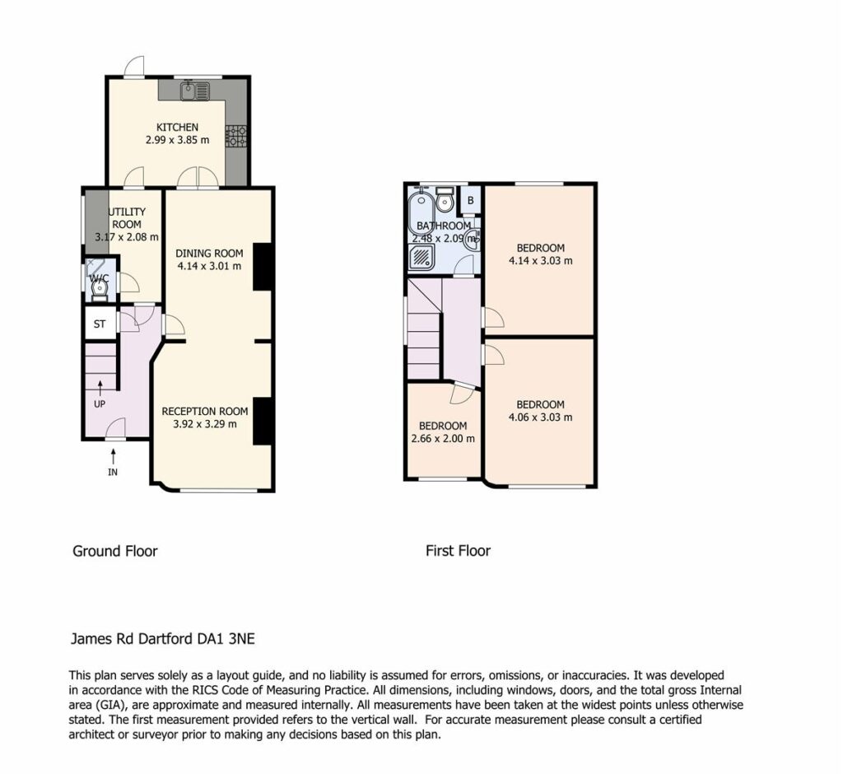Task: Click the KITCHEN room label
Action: [177, 128]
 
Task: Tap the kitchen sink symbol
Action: [194, 90]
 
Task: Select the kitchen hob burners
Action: [236, 136]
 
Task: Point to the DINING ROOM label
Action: [209, 254]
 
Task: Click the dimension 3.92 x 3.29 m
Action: [205, 424]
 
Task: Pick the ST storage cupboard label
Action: [100, 324]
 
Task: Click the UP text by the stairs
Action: [100, 404]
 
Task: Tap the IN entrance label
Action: [112, 473]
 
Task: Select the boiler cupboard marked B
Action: [470, 201]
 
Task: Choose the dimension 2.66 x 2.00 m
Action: [443, 438]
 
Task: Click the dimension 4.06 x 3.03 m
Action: [540, 417]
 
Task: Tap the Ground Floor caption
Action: [115, 552]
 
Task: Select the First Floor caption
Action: [458, 551]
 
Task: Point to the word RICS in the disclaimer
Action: [204, 690]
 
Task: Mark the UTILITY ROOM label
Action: [127, 218]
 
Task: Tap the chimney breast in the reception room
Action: [262, 421]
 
